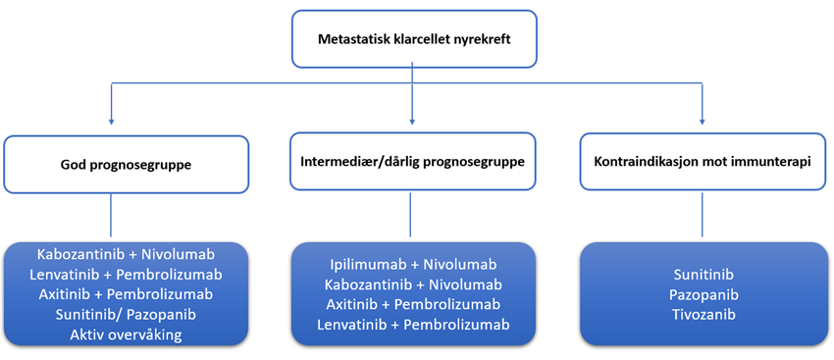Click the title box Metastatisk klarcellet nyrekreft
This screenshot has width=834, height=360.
pos(413,39)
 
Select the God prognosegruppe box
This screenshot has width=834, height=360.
pos(126,164)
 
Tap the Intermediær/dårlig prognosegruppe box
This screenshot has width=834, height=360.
pos(413,163)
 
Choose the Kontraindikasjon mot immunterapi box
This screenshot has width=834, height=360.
pos(702,163)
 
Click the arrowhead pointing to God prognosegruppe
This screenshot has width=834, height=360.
pos(111,122)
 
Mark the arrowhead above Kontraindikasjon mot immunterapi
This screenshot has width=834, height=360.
pos(703,122)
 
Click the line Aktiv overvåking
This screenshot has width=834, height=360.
pos(125,335)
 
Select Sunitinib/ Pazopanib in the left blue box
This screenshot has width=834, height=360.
pos(125,315)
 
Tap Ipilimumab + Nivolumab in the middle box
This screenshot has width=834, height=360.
pos(413,264)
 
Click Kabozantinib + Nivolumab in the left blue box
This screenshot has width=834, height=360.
pos(125,253)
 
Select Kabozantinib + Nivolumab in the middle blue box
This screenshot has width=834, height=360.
pos(413,284)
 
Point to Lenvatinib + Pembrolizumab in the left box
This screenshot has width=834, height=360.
pos(125,274)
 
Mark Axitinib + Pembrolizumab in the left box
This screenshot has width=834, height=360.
pos(125,294)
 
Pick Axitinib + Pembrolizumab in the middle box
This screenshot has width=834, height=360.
pos(413,305)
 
